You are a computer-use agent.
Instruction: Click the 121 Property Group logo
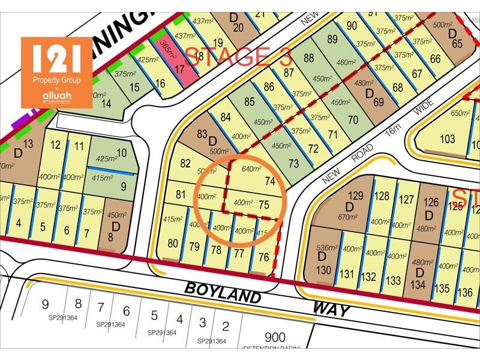[x=56, y=72]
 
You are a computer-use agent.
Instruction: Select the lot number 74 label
[x=269, y=181]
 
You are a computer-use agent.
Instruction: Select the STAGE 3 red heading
[x=238, y=56]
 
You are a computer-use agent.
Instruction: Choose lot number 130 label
[x=324, y=271]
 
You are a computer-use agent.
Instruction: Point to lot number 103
[x=447, y=139]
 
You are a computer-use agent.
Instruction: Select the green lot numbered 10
[x=121, y=153]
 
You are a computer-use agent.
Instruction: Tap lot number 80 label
[x=173, y=244]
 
